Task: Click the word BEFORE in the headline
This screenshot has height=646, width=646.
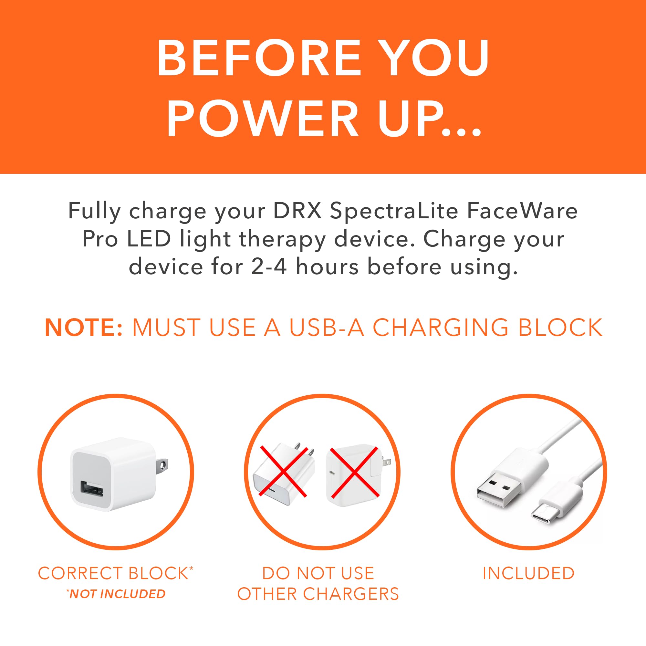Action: tap(259, 57)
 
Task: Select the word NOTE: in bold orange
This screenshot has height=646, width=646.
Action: tap(84, 327)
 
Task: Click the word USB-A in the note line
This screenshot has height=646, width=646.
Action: tap(327, 327)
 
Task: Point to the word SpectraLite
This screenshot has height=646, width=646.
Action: tap(393, 211)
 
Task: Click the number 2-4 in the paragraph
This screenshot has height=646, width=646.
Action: tap(269, 266)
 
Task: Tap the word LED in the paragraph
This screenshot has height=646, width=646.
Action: tap(149, 239)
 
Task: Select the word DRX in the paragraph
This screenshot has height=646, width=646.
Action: tap(297, 211)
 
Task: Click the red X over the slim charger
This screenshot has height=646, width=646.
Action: tap(284, 471)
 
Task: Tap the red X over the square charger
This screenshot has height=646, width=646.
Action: tap(354, 472)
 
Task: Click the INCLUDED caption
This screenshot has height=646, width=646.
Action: tap(529, 573)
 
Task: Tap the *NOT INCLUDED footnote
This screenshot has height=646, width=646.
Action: tap(116, 594)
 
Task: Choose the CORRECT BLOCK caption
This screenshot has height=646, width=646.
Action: tap(116, 573)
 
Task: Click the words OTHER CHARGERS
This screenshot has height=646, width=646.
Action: tap(318, 594)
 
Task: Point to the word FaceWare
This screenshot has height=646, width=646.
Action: tap(522, 211)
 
